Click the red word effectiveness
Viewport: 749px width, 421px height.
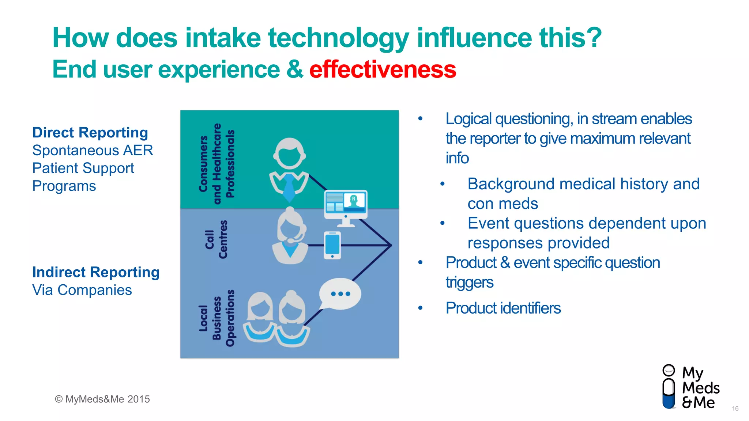(383, 69)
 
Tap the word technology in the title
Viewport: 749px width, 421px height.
(339, 38)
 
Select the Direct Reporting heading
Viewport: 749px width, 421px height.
(90, 133)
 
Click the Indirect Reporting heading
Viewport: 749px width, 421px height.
(96, 272)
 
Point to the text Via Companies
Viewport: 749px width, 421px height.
(82, 290)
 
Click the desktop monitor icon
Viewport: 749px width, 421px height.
(346, 206)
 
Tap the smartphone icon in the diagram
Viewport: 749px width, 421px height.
(332, 245)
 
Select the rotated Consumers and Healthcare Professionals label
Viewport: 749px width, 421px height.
(217, 163)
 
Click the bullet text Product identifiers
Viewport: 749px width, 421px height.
(503, 308)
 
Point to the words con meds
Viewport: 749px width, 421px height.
(503, 204)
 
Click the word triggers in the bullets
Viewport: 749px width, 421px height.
(469, 282)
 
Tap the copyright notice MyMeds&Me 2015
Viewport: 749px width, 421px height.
(102, 399)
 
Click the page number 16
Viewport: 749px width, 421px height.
(735, 409)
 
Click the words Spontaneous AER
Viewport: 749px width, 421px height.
(93, 151)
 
